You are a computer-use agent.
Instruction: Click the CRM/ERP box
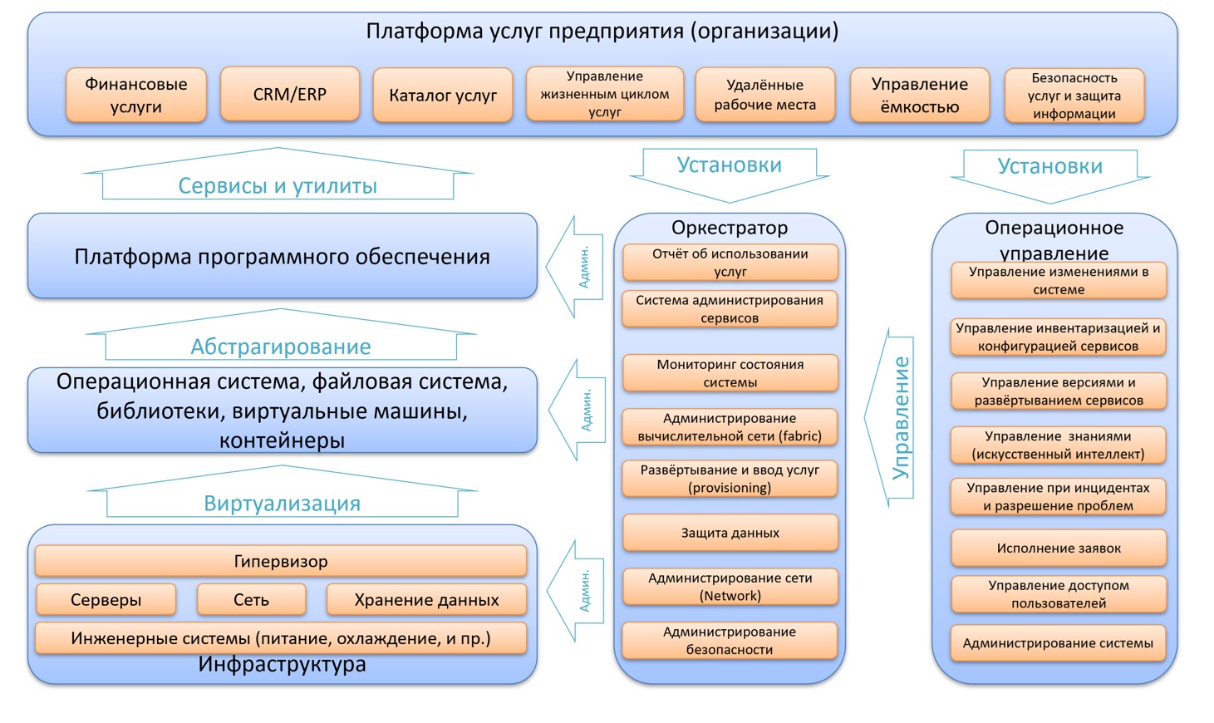tap(289, 95)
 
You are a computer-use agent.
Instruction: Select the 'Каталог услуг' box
tap(442, 96)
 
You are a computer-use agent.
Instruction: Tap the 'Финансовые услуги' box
tap(135, 96)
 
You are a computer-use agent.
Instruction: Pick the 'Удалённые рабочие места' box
tap(764, 96)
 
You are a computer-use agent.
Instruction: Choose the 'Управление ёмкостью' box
tap(919, 96)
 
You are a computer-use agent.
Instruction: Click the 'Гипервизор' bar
tap(281, 562)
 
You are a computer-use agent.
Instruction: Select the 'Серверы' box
tap(106, 600)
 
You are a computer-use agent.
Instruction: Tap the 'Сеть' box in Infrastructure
tap(251, 600)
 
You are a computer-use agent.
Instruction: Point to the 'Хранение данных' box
tap(426, 600)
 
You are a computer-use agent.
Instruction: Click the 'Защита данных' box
tap(730, 533)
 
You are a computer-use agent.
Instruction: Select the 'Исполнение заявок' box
tap(1058, 548)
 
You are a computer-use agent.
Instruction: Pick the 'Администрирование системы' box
tap(1058, 643)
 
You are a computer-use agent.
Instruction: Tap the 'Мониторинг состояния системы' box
tap(730, 373)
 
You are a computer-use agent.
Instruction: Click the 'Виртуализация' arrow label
tap(282, 503)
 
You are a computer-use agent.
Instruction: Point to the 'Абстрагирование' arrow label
tap(281, 346)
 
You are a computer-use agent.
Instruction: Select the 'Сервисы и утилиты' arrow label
tap(278, 185)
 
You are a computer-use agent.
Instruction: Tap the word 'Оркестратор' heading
tap(730, 228)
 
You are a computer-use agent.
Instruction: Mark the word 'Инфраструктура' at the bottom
tap(282, 665)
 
